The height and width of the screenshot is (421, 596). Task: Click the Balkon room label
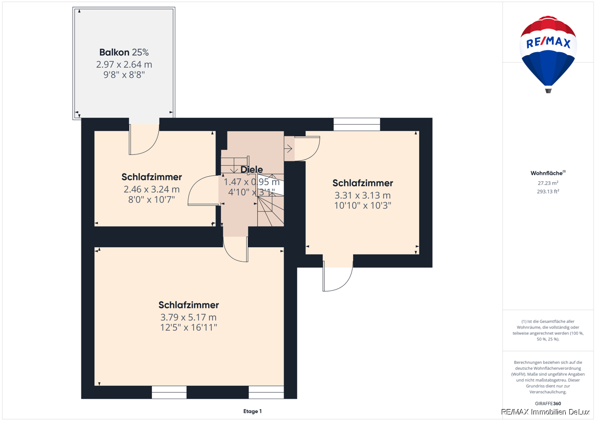[114, 53]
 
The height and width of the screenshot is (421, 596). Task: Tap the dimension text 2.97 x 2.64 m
[124, 65]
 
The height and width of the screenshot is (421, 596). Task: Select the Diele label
[251, 169]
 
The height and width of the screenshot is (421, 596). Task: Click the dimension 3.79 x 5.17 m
[188, 317]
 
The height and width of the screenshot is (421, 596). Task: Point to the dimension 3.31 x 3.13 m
[363, 196]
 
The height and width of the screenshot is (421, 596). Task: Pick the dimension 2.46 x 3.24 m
[151, 189]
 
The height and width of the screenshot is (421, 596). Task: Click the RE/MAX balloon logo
[548, 54]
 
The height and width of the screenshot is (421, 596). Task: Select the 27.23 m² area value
[548, 183]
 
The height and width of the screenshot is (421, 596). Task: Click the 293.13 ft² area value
[548, 192]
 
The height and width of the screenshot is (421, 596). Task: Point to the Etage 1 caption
[252, 411]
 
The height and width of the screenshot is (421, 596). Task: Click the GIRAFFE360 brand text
[548, 404]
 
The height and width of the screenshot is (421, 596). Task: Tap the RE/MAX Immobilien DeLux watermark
[545, 412]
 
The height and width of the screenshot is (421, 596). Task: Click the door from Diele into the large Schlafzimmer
[236, 249]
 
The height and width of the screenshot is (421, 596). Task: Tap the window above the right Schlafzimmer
[357, 125]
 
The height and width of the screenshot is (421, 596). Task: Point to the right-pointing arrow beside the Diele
[289, 148]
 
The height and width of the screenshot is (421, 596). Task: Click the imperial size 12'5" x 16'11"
[188, 327]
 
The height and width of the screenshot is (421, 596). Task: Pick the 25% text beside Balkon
[140, 53]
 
